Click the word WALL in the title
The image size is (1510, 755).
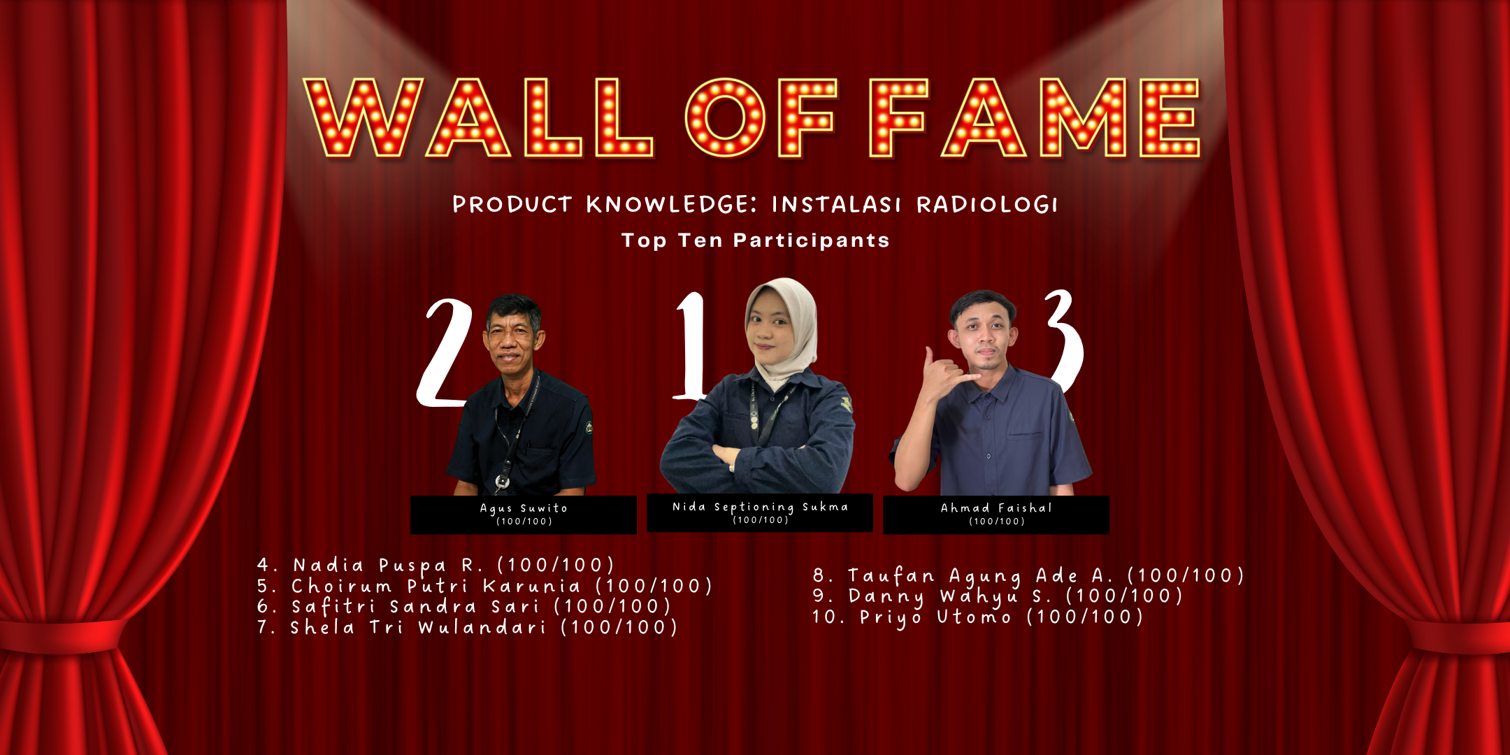478,117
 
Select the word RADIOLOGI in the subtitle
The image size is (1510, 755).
987,205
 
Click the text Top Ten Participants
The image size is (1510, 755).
756,240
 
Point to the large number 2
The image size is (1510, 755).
445,353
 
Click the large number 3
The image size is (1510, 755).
1064,340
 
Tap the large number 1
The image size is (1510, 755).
692,346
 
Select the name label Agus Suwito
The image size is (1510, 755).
524,508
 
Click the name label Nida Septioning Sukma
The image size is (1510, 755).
760,507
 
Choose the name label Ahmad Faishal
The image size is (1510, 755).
996,508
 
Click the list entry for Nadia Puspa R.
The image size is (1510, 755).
436,565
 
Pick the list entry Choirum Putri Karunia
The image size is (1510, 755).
484,586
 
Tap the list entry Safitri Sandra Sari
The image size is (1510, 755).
463,606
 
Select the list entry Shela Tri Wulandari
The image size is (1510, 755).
467,627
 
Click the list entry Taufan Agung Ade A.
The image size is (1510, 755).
1028,576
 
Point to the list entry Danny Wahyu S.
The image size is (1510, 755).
998,596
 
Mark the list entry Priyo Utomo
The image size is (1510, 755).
977,617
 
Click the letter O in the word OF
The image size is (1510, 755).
726,117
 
